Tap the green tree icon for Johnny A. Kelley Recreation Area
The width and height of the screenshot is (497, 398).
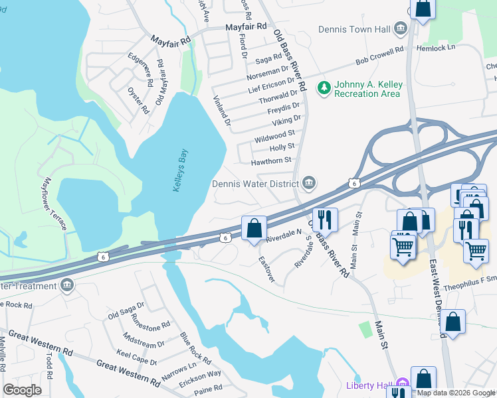(324, 87)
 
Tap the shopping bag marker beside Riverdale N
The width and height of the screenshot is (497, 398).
(254, 229)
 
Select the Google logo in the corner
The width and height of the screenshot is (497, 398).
(21, 389)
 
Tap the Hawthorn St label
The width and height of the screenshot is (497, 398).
(271, 161)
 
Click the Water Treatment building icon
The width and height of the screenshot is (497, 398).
(66, 286)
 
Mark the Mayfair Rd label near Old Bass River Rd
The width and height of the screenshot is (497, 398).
(246, 27)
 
